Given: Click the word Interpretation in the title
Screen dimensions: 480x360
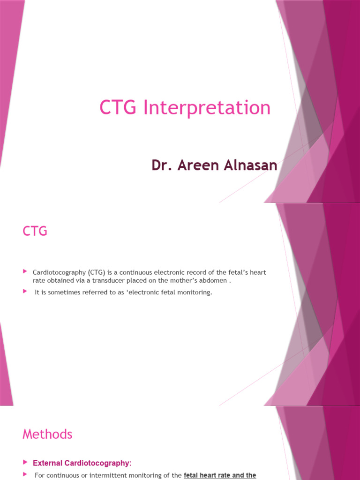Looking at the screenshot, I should pyautogui.click(x=207, y=108).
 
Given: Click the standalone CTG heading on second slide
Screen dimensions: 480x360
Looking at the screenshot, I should pyautogui.click(x=35, y=231).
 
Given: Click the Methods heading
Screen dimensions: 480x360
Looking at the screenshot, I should pyautogui.click(x=47, y=434).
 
